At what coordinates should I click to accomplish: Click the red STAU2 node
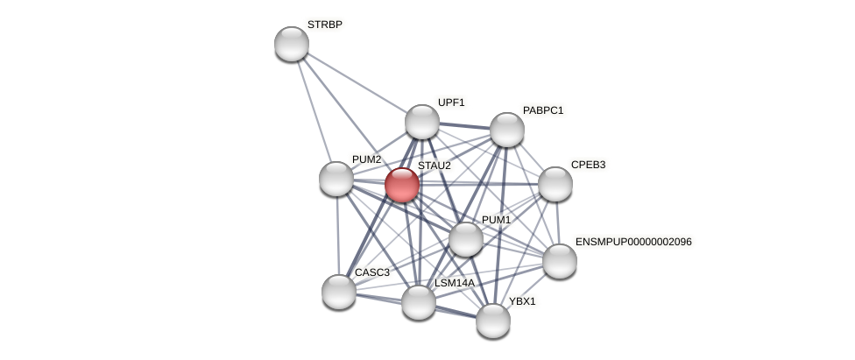[x=402, y=185]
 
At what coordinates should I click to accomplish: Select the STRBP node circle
[x=292, y=44]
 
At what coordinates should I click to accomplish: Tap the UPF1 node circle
[x=422, y=122]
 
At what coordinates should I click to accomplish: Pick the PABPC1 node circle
[x=507, y=130]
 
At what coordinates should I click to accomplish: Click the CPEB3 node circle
[x=555, y=184]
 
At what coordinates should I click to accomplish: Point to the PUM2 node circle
[x=336, y=179]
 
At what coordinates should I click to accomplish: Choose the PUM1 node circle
[x=466, y=239]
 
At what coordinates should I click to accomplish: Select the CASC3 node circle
[x=339, y=292]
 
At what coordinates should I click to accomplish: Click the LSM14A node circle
[x=419, y=302]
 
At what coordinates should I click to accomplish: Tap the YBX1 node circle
[x=493, y=321]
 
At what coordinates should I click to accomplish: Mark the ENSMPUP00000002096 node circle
[x=560, y=261]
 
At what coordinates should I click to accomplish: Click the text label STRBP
[x=324, y=25]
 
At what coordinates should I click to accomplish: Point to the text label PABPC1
[x=543, y=110]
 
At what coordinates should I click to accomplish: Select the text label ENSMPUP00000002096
[x=633, y=242]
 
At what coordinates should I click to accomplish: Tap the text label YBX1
[x=522, y=301]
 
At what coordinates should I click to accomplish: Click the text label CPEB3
[x=588, y=165]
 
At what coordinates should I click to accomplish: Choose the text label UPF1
[x=451, y=102]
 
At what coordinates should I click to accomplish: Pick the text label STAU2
[x=434, y=166]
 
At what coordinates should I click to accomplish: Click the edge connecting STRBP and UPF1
[x=357, y=82]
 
